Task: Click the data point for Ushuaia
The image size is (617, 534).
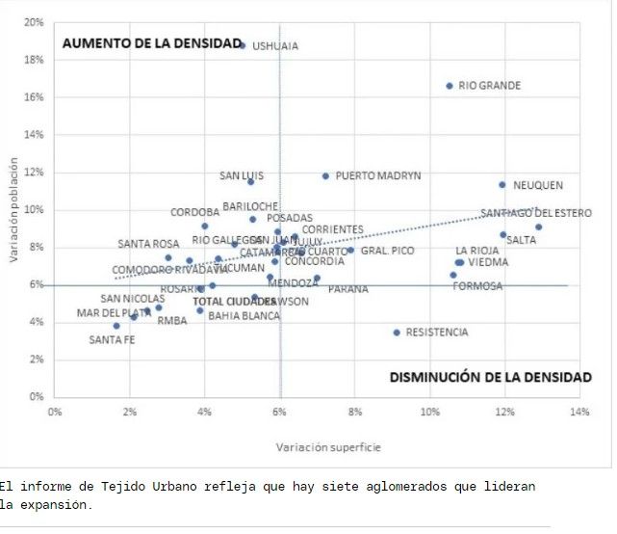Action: point(243,45)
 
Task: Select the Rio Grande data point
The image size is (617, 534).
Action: point(450,86)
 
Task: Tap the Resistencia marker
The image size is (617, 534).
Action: point(397,333)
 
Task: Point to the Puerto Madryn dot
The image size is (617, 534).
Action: point(326,176)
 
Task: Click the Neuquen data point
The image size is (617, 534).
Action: point(502,185)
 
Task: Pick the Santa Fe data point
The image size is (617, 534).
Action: point(116,326)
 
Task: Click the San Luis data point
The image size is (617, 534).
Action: point(251,181)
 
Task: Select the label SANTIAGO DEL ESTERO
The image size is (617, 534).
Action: point(536,213)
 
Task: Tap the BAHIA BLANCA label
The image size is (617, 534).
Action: point(244,315)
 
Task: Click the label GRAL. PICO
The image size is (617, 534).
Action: point(388,251)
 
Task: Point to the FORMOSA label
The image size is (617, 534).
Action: point(477,286)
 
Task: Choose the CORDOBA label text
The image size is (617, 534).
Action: point(195,212)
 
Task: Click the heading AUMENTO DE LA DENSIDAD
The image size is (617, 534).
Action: point(151,43)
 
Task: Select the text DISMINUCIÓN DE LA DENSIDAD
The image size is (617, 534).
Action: point(491,377)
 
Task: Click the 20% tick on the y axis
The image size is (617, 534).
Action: point(35,22)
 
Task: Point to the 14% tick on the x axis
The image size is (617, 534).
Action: point(578,412)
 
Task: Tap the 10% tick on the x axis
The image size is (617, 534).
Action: point(429,412)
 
